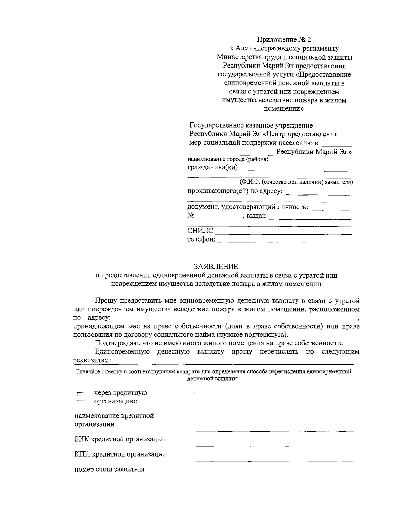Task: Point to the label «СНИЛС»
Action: [x=200, y=231]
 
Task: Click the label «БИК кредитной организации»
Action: [x=119, y=439]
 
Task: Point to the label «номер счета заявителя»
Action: [x=109, y=469]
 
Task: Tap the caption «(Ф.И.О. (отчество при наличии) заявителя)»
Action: [x=296, y=182]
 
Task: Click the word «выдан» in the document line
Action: [x=256, y=216]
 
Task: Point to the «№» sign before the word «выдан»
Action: [x=191, y=216]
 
